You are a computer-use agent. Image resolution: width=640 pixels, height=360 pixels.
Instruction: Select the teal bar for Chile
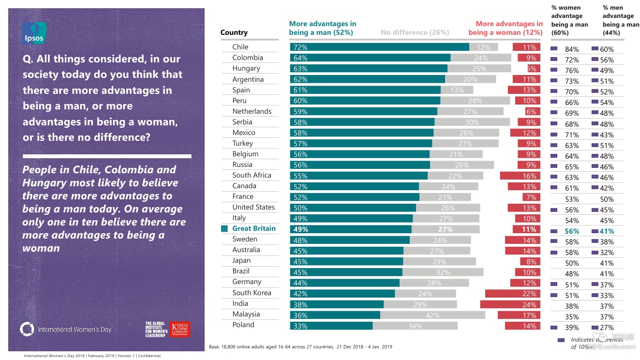[x=379, y=47]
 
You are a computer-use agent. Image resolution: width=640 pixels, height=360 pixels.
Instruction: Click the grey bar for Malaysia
[x=432, y=315]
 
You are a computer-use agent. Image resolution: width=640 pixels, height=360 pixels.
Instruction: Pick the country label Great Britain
[x=253, y=228]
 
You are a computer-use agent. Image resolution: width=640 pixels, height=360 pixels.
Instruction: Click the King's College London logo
[x=180, y=329]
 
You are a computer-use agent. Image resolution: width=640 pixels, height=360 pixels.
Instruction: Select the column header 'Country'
[x=234, y=32]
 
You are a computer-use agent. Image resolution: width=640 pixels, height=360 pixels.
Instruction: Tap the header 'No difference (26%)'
[x=415, y=32]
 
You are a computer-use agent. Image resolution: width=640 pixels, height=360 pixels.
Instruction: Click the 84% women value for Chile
[x=572, y=49]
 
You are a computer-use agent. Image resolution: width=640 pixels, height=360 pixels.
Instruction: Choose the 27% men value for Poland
[x=607, y=328]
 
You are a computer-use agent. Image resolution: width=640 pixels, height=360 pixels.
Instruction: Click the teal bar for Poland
[x=331, y=326]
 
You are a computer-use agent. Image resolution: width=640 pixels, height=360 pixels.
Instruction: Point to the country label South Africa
[x=252, y=175]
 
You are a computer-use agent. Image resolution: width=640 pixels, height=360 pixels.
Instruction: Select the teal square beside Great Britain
[x=224, y=228]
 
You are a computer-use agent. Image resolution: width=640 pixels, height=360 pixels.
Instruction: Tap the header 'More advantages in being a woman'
[x=506, y=28]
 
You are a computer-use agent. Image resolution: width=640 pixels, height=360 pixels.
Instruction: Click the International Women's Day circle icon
[x=27, y=329]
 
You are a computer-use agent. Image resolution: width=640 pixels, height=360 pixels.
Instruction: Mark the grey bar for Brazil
[x=443, y=272]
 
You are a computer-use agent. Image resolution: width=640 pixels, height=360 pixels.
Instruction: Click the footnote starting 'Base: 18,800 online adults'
[x=300, y=346]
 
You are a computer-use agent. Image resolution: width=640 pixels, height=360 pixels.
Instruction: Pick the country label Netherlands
[x=252, y=111]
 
